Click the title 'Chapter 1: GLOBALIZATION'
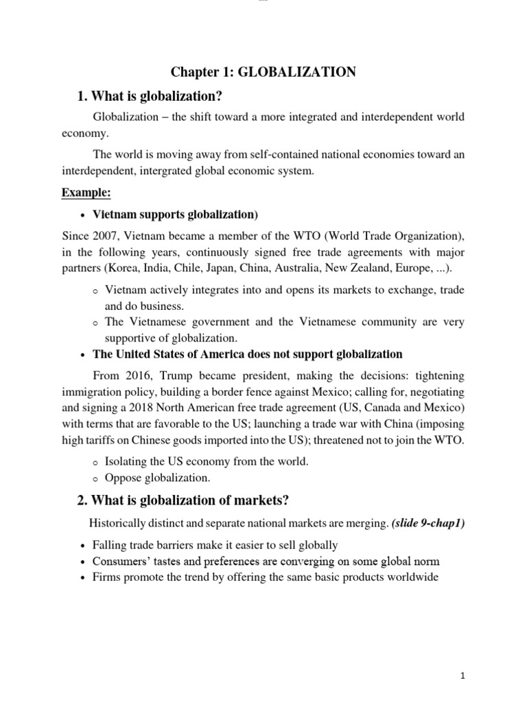tap(263, 72)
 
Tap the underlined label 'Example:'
tap(86, 193)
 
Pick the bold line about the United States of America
tap(247, 354)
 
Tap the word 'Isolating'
tap(127, 461)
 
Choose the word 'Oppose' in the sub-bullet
tap(121, 477)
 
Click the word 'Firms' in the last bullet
tap(106, 577)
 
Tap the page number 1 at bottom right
tap(464, 676)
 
